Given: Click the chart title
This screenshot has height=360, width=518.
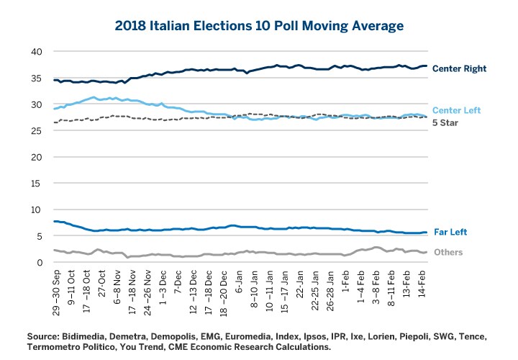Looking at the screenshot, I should [x=259, y=26].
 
